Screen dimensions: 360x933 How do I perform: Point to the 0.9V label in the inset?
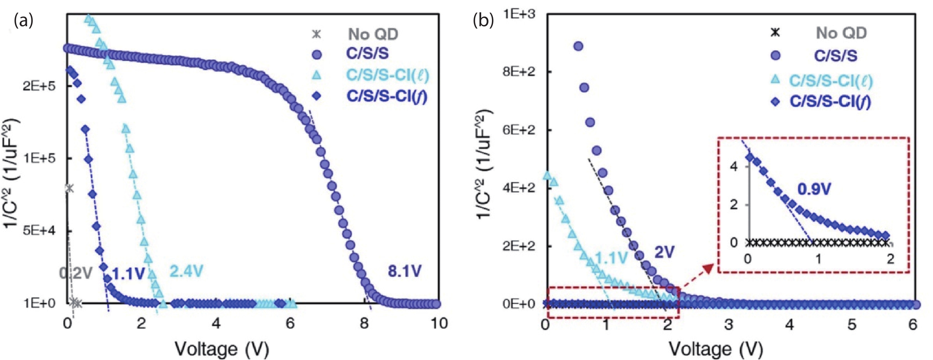click(x=814, y=189)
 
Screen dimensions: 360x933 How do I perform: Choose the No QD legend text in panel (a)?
click(x=373, y=34)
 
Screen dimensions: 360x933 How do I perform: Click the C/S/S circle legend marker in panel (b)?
click(x=775, y=55)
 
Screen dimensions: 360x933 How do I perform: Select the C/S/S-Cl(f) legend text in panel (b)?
click(x=830, y=102)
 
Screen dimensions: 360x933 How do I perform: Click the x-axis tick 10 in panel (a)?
click(x=439, y=323)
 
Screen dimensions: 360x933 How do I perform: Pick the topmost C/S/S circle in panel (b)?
click(x=579, y=46)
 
